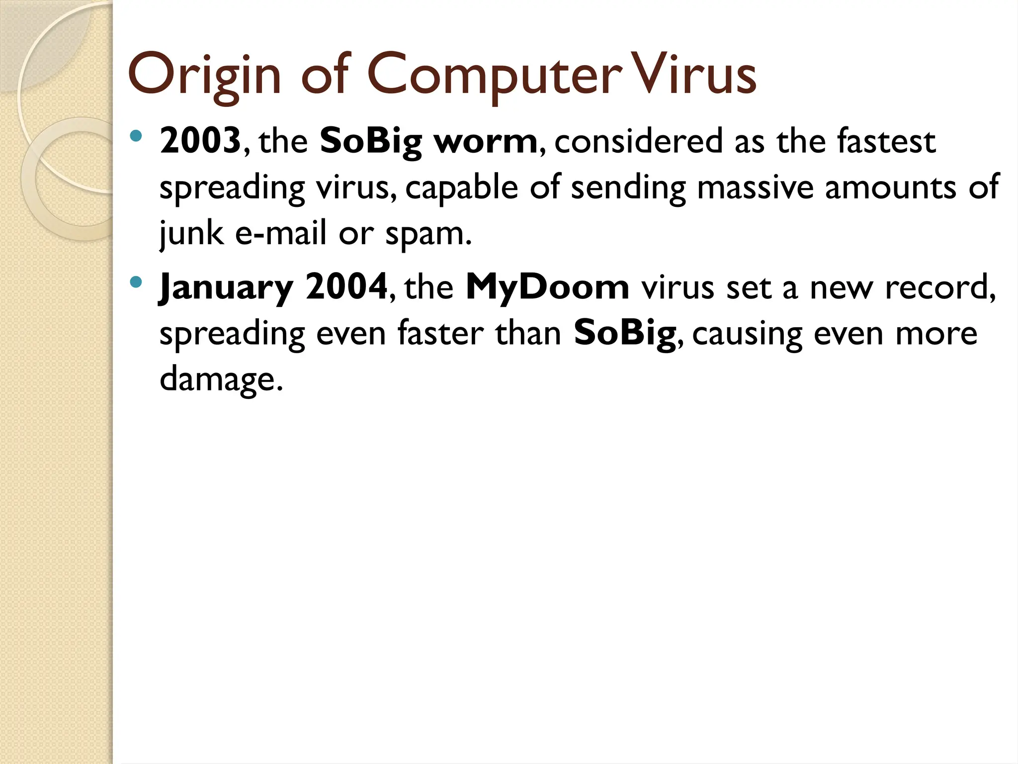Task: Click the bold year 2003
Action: [x=200, y=141]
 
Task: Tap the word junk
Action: [x=191, y=233]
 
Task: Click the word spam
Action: [x=427, y=234]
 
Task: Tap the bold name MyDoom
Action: [x=547, y=287]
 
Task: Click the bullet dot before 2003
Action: [x=136, y=136]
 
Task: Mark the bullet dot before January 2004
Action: [x=136, y=283]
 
